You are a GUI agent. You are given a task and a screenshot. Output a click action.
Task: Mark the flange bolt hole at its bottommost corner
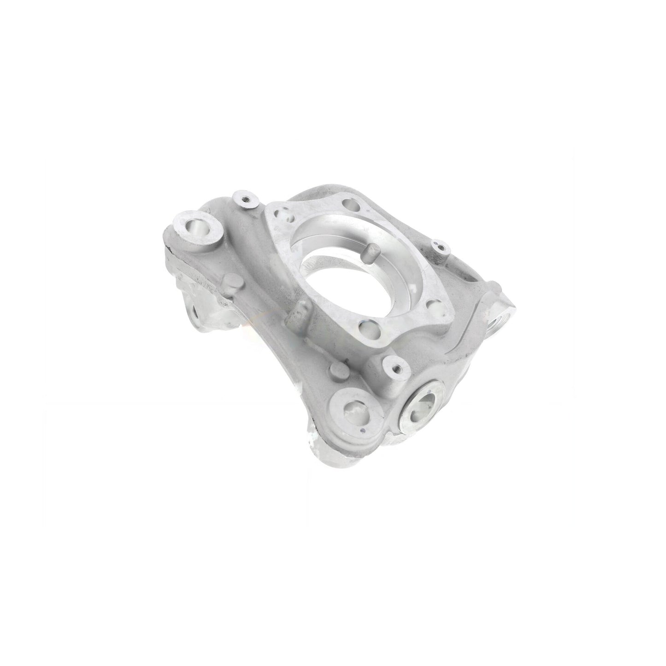(x=367, y=328)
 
